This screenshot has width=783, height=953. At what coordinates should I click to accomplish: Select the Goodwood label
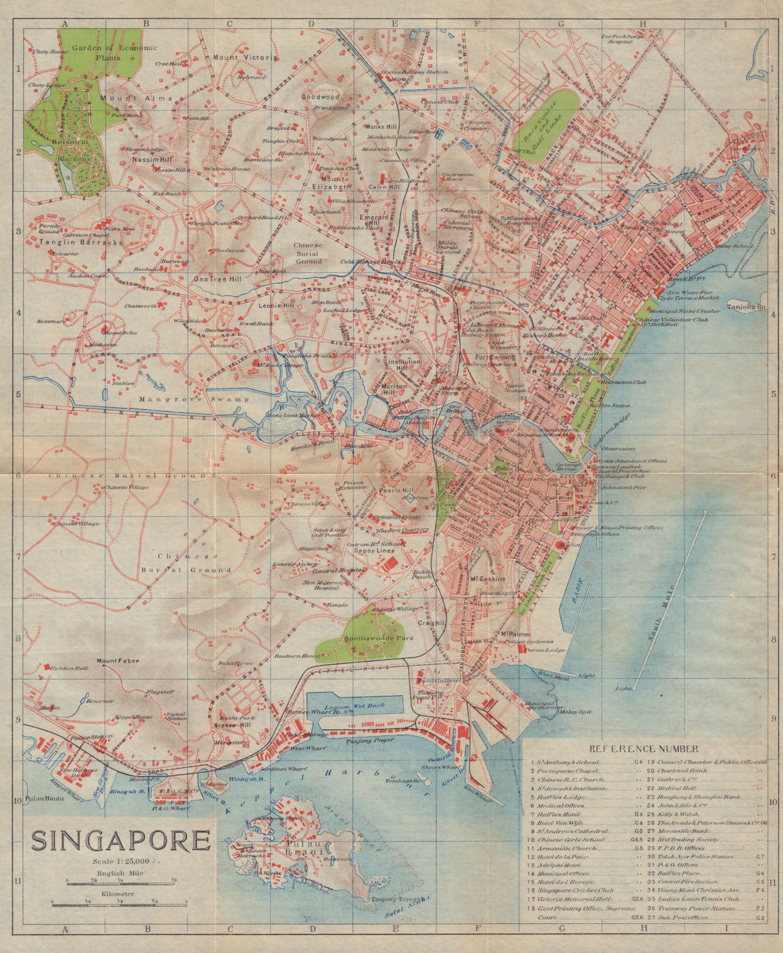(320, 96)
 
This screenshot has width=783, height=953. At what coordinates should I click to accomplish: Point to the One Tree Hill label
(216, 279)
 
